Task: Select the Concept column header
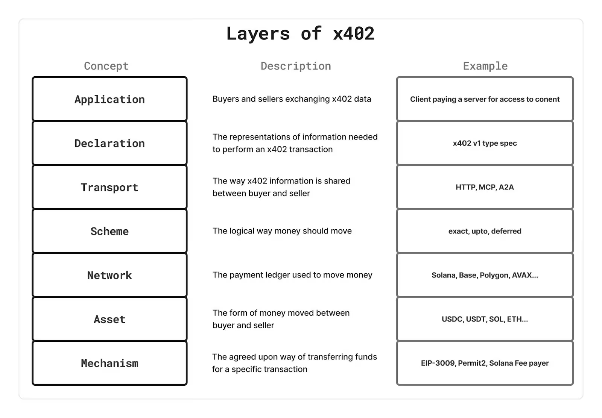pos(106,66)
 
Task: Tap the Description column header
pos(296,66)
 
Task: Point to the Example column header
pos(485,66)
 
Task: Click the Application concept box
pos(109,99)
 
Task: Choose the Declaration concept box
pos(109,143)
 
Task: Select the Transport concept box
pos(109,187)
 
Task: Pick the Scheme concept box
pos(109,231)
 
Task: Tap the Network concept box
pos(109,275)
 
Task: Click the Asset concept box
pos(109,319)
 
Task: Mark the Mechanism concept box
pos(109,363)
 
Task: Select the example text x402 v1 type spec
pos(485,143)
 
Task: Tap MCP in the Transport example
pos(488,187)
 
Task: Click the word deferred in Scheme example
pos(506,231)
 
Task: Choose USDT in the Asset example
pos(476,319)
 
